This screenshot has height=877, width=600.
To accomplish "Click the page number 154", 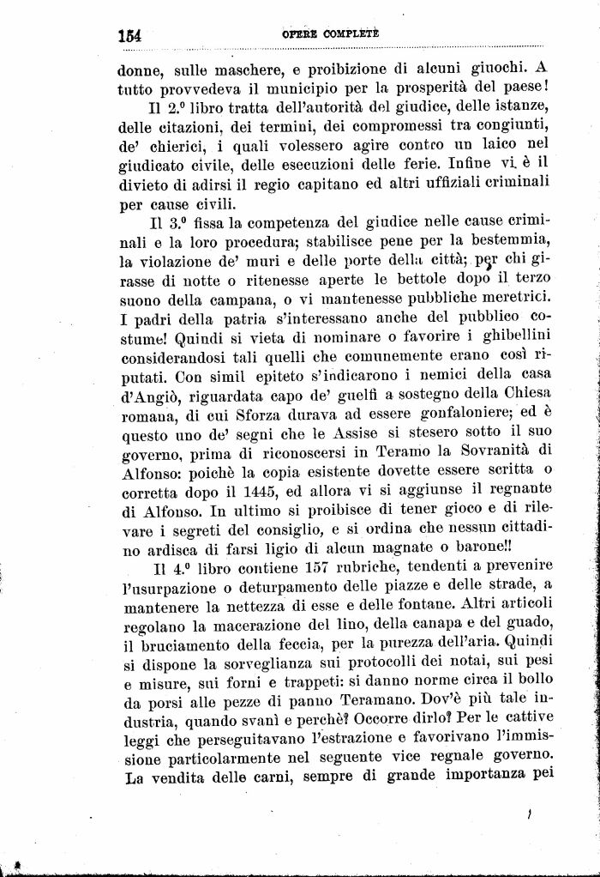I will (129, 35).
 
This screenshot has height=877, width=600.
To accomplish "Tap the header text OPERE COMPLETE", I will (330, 33).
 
